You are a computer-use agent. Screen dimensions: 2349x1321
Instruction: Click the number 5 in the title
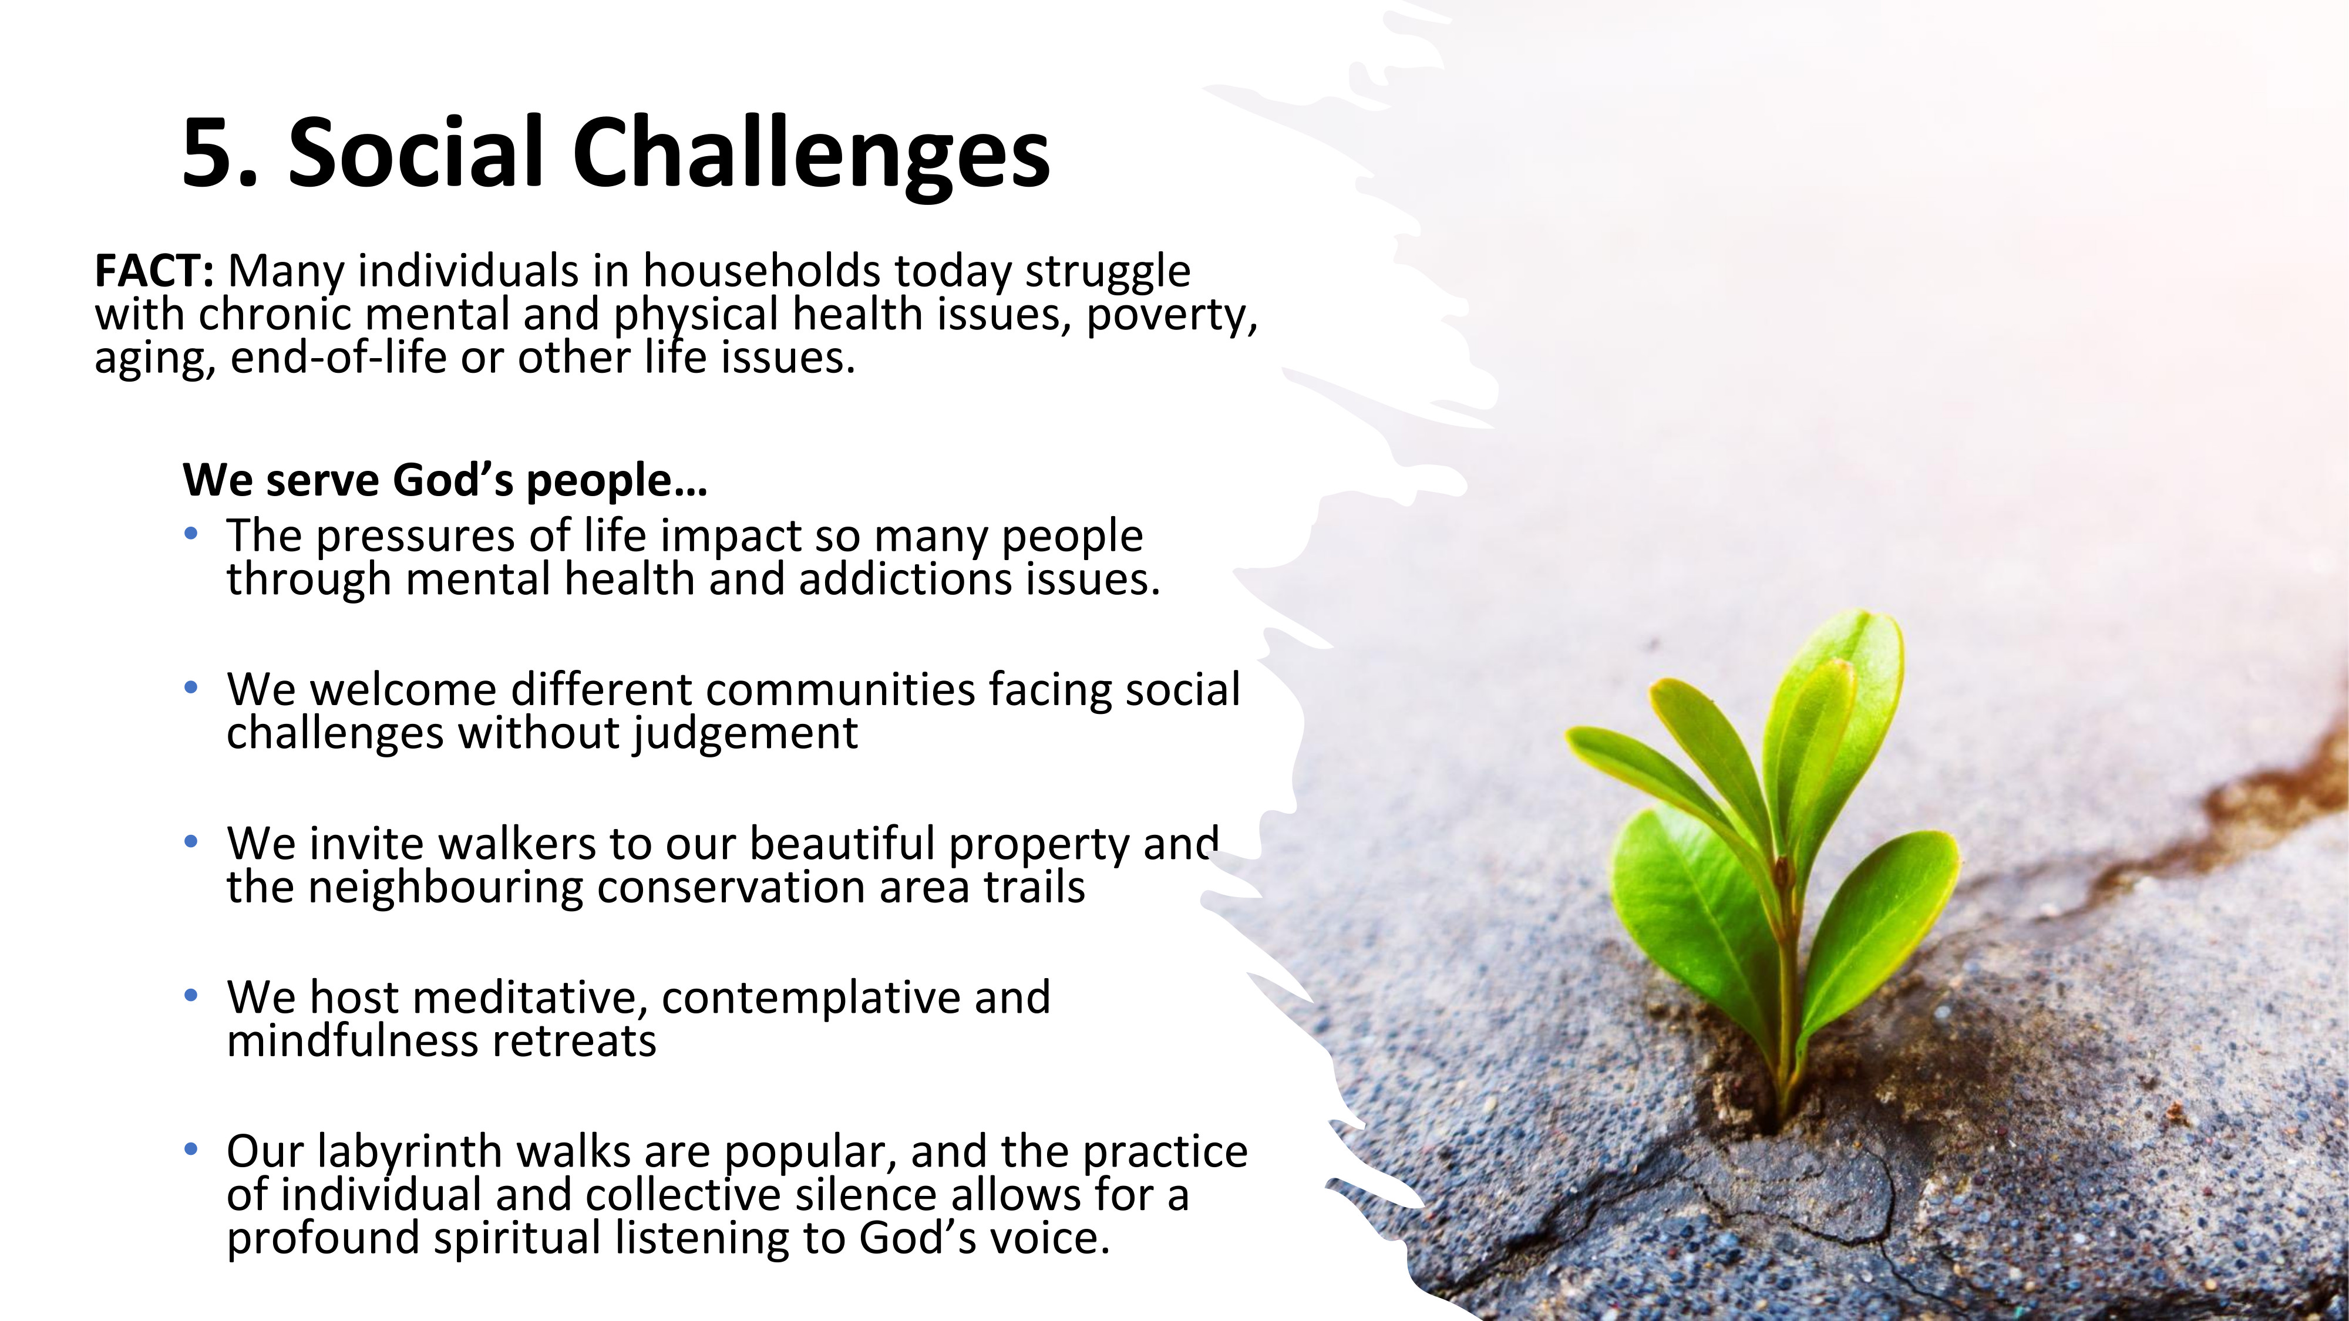(210, 151)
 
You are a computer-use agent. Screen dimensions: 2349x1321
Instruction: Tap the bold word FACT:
(154, 271)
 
